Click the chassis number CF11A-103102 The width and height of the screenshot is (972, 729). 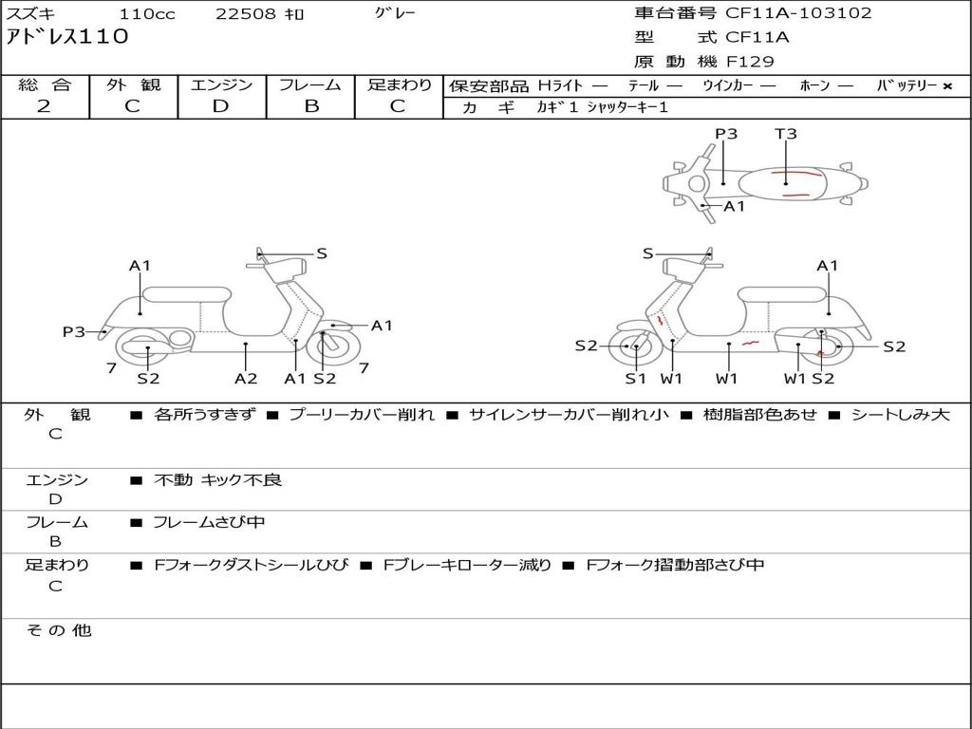[x=798, y=13]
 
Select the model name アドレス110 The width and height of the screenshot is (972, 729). [x=66, y=38]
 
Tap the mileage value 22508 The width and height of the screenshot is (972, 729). [x=246, y=14]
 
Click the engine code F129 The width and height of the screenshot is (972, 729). [x=750, y=62]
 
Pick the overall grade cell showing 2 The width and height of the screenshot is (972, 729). [x=44, y=106]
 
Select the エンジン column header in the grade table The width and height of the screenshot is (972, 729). [x=221, y=84]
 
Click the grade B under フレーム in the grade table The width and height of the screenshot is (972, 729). [x=311, y=106]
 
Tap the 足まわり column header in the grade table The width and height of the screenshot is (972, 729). [x=400, y=84]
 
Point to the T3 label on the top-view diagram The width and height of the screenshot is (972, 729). [x=785, y=134]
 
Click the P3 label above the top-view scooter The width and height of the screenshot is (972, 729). [x=726, y=134]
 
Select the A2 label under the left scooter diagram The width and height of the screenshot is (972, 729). [x=246, y=378]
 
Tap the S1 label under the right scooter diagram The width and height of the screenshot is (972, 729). [x=635, y=378]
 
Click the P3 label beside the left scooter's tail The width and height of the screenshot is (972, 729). [x=74, y=331]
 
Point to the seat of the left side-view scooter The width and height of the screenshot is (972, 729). [x=186, y=293]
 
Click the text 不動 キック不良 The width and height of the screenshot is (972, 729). [x=217, y=480]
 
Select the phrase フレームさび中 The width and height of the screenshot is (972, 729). [x=209, y=522]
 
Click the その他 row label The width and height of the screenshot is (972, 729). [x=58, y=630]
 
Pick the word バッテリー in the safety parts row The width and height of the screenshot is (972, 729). [x=907, y=85]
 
